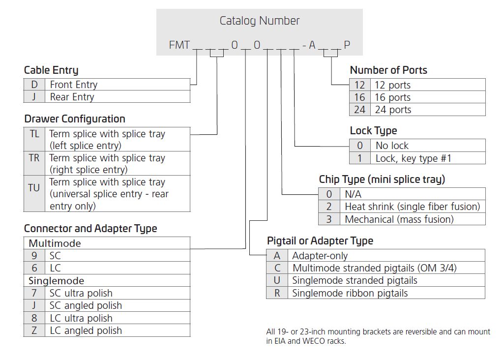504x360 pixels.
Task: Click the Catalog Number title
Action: pos(260,21)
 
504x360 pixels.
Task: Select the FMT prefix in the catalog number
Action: pos(179,45)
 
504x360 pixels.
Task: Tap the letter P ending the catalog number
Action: pos(347,45)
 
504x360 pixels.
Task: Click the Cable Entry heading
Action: pos(51,70)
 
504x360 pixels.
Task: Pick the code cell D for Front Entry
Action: pos(34,85)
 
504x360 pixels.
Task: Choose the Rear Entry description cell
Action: pos(118,97)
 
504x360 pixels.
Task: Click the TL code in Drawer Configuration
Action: pos(34,134)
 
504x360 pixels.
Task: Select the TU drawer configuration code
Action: pos(34,188)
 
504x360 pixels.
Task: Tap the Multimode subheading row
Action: pos(107,243)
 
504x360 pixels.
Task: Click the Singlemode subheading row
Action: pos(107,281)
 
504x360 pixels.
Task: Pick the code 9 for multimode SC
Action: pos(34,256)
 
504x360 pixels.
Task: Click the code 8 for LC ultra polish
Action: pos(34,318)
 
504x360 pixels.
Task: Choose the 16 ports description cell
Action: pos(428,97)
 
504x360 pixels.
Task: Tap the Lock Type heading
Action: pos(374,130)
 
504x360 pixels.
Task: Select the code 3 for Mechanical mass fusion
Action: pos(329,219)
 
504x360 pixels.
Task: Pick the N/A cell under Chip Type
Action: pos(413,194)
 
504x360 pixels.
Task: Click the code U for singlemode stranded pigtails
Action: pos(277,280)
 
